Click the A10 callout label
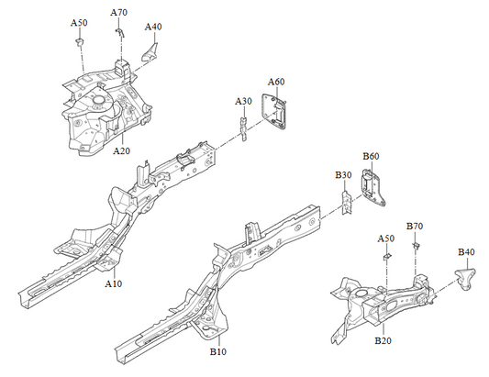(114, 284)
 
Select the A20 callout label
(121, 150)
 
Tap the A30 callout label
(243, 101)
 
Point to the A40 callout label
(153, 27)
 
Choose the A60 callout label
(275, 82)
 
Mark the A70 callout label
(119, 12)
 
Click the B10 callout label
(218, 351)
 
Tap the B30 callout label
(343, 174)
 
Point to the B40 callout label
(466, 251)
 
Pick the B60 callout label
(371, 157)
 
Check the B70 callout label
(414, 226)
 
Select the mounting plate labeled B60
(372, 189)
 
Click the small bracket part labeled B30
(345, 201)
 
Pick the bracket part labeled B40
(469, 277)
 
